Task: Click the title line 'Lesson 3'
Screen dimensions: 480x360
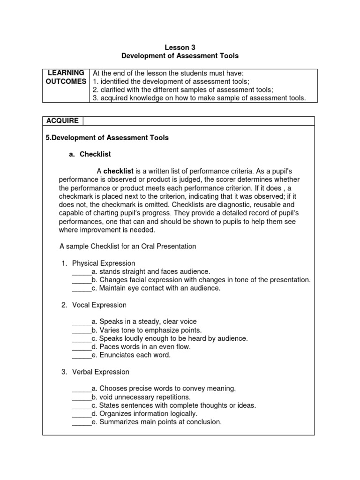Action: (180, 47)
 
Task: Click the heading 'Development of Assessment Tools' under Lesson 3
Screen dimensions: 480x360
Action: (180, 56)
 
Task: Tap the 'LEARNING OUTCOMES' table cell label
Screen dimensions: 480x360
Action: (66, 77)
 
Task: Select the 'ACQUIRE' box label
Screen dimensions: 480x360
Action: (62, 121)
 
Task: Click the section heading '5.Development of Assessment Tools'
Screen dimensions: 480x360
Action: (107, 138)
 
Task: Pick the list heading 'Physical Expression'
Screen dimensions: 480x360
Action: (104, 263)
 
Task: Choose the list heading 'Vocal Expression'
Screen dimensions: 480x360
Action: (99, 305)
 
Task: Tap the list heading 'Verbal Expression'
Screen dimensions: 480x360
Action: (101, 372)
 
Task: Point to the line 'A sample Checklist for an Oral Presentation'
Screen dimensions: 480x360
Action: (128, 247)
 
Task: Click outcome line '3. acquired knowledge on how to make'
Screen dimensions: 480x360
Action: (199, 98)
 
